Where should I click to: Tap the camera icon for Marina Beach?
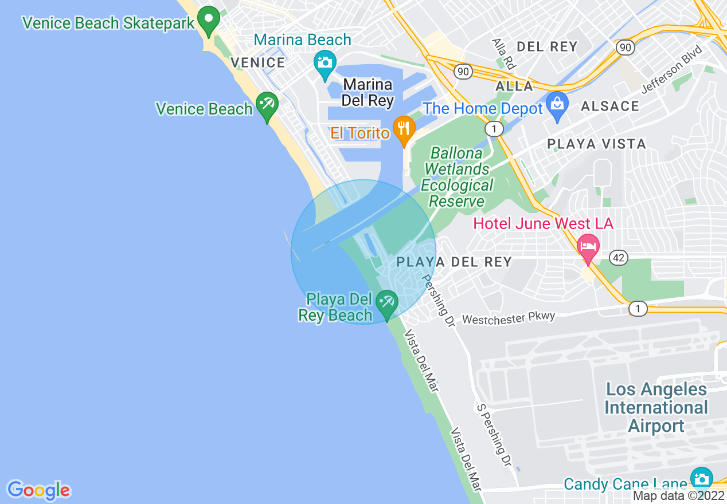point(325,62)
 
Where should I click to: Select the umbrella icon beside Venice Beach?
point(267,105)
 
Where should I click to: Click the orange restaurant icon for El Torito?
point(404,128)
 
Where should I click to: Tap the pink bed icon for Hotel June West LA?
point(587,246)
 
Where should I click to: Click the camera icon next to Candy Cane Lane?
point(701,479)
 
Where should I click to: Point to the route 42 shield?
point(617,258)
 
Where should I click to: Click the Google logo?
point(38,490)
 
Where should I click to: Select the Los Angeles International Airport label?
point(656,407)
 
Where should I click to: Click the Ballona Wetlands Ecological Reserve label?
point(456,177)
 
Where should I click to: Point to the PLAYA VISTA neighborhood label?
point(596,144)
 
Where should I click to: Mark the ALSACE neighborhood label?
point(609,106)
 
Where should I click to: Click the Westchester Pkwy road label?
point(509,318)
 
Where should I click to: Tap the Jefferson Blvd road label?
point(671,69)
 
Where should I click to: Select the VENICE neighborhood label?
point(257,62)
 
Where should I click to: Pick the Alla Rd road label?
point(501,54)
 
